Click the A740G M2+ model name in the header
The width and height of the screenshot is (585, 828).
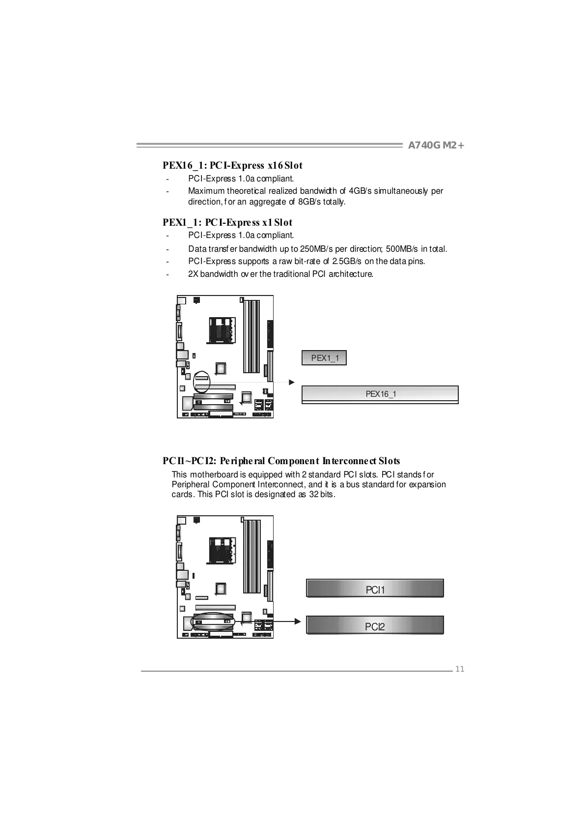click(436, 146)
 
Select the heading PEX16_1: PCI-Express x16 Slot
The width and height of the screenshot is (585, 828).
click(232, 166)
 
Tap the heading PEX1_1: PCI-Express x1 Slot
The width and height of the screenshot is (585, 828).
click(227, 223)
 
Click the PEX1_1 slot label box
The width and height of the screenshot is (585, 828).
click(324, 358)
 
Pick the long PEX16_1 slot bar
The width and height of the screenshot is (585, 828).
click(380, 394)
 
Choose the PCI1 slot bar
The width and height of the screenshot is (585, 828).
click(375, 589)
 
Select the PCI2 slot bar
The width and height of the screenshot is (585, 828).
click(375, 626)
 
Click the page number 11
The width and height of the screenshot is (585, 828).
click(460, 669)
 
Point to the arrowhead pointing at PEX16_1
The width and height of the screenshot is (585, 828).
click(292, 382)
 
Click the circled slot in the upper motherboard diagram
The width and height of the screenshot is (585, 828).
click(201, 381)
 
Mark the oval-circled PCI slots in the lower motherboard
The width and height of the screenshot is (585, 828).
click(213, 621)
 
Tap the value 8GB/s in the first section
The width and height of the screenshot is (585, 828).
click(311, 202)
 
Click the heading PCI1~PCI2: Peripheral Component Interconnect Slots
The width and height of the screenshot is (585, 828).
click(281, 461)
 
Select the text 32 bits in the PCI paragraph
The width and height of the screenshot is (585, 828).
click(321, 495)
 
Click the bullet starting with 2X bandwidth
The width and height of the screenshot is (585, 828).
click(280, 274)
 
